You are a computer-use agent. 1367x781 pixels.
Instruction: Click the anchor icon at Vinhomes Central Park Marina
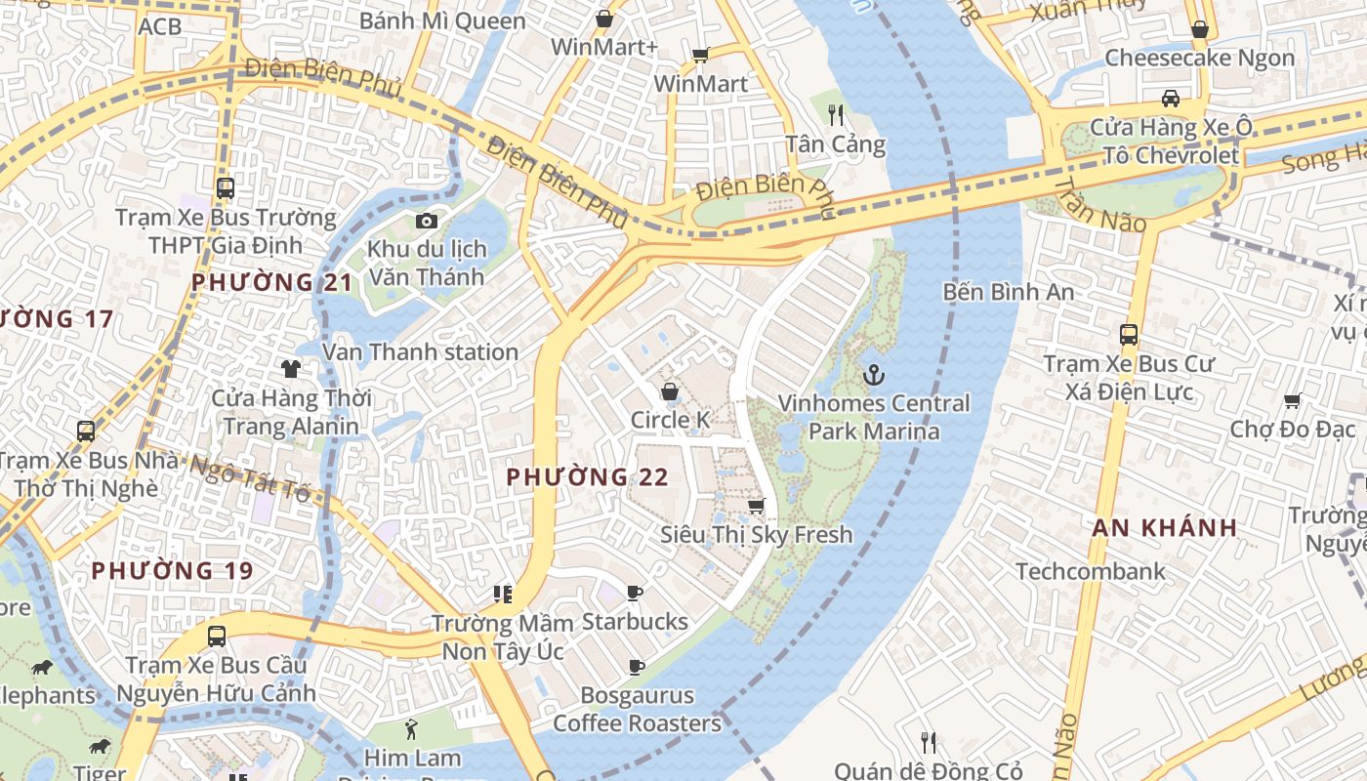(874, 375)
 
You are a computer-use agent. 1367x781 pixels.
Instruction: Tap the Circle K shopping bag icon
(670, 392)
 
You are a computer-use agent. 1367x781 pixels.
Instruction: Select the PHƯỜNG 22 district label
(587, 477)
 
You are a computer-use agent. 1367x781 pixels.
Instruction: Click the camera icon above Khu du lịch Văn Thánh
(426, 221)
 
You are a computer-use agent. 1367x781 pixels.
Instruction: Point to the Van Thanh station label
(420, 351)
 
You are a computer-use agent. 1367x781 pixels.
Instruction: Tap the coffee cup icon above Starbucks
(635, 594)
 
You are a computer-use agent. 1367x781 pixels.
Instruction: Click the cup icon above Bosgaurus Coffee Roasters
(636, 668)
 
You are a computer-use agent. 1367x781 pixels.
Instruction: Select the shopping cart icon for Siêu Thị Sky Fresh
(756, 506)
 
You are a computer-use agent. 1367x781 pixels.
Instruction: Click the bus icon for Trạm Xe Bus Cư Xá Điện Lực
(1129, 335)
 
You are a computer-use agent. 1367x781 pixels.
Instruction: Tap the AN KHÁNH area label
(1164, 528)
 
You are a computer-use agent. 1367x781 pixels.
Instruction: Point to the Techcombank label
(1091, 571)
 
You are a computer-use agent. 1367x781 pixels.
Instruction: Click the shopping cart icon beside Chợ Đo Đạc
(1293, 400)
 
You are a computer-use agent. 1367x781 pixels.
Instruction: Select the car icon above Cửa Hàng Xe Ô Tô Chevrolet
(1170, 98)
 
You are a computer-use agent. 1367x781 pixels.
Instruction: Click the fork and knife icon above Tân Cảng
(835, 115)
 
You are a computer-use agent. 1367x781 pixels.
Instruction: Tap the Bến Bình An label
(1009, 291)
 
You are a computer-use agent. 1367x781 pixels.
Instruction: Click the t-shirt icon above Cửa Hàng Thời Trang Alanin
(290, 368)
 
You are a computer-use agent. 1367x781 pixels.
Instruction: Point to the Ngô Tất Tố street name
(250, 478)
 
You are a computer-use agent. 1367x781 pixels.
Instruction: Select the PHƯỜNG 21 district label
(270, 283)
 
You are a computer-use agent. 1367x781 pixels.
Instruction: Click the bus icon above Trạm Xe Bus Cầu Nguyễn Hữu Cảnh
(217, 637)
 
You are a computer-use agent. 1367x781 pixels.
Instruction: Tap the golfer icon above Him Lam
(411, 728)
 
